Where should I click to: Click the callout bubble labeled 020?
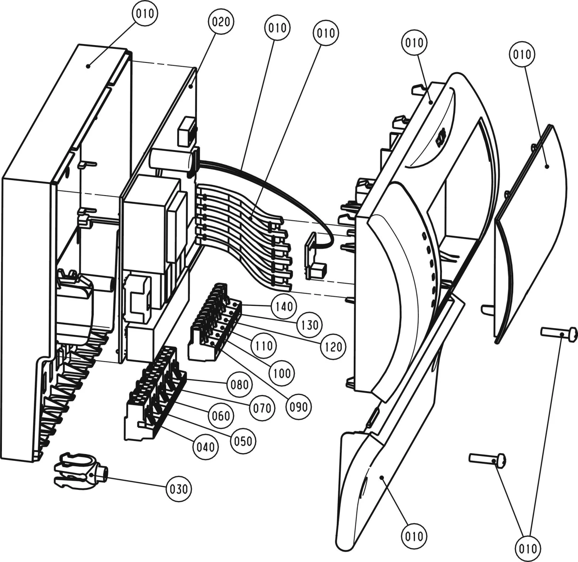pos(221,22)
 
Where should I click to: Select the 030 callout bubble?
pos(179,489)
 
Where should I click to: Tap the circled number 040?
pos(205,447)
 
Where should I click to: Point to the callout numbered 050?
pos(243,441)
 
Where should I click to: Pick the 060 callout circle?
pos(221,415)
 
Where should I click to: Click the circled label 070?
pos(262,407)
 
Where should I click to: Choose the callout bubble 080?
pos(239,384)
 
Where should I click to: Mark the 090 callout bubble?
pos(298,407)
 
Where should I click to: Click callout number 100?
pos(282,373)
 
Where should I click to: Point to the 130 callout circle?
pos(309,325)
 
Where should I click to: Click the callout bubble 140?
pos(284,307)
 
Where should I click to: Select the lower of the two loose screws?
pos(487,459)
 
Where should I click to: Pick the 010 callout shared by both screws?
pos(528,548)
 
